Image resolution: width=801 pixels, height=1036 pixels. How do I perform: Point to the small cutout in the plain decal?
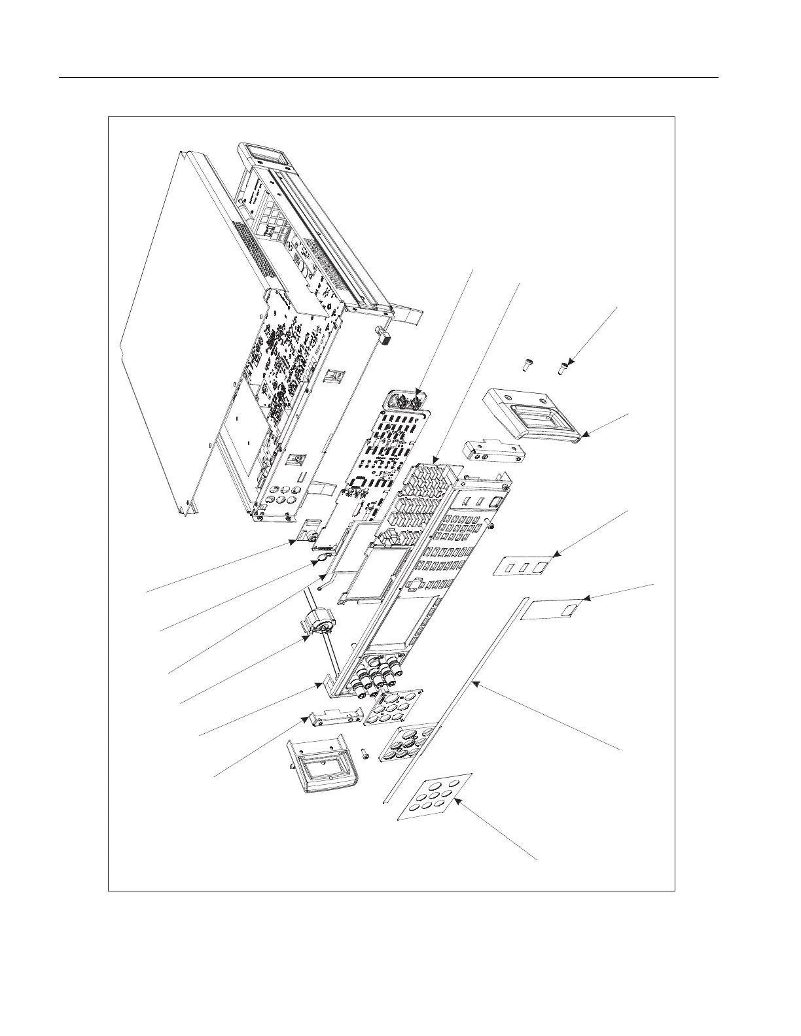pyautogui.click(x=568, y=611)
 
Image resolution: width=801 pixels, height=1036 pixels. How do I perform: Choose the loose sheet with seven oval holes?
pyautogui.click(x=436, y=797)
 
